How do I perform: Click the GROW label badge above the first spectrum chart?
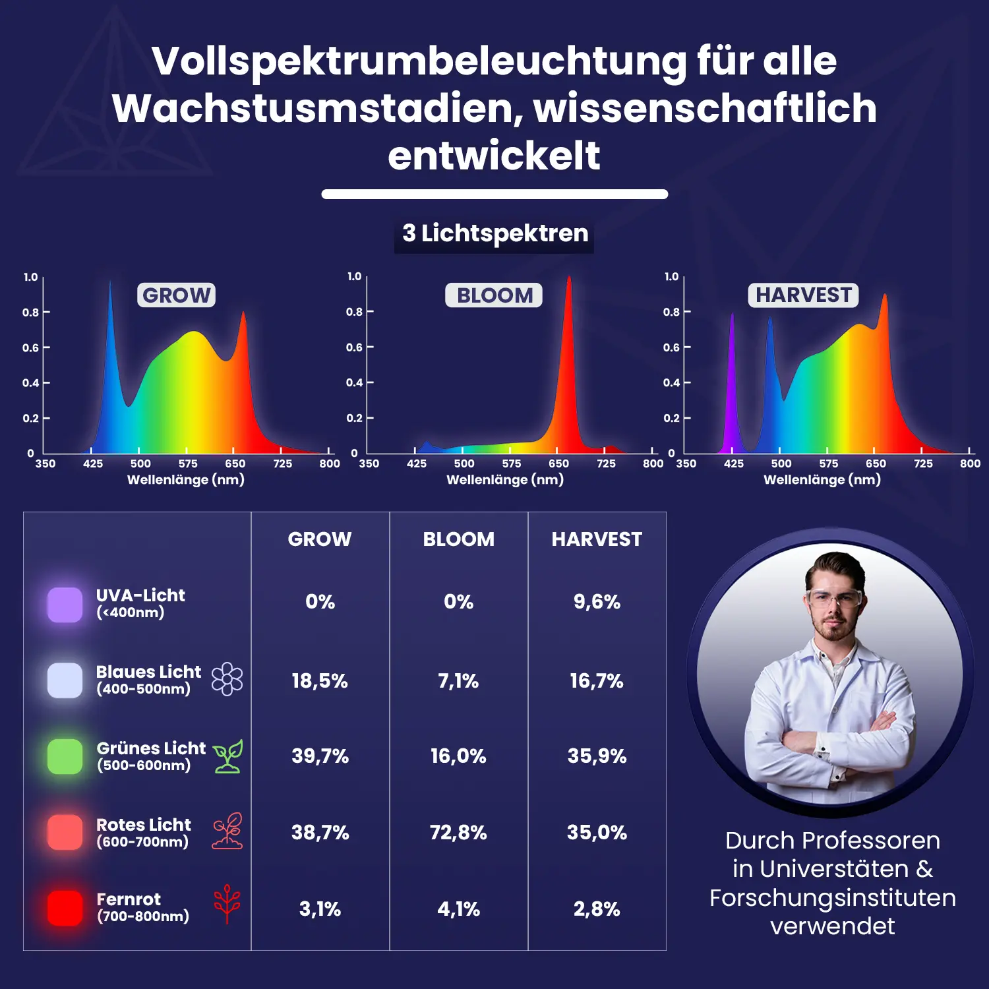(176, 295)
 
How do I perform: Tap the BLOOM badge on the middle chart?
(494, 295)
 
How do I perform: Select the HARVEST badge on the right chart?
(803, 295)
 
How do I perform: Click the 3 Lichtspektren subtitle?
(494, 233)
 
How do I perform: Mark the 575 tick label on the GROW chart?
(188, 464)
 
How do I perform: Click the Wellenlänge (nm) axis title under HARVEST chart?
(822, 479)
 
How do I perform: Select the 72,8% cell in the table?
(458, 832)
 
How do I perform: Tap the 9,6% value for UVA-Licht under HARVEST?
(597, 601)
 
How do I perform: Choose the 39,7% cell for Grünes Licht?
(320, 756)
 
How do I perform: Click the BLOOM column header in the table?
(458, 539)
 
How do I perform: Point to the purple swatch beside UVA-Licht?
(65, 604)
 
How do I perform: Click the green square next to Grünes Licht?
(65, 756)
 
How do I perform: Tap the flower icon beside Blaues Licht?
(227, 679)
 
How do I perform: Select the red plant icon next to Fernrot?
(227, 903)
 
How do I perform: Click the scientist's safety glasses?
(834, 599)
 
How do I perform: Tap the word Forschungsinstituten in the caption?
(832, 897)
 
